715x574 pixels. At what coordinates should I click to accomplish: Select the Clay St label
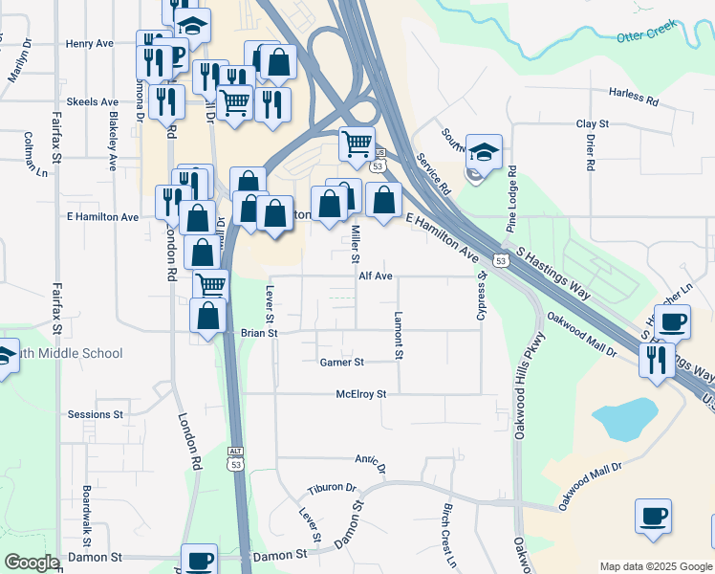592,124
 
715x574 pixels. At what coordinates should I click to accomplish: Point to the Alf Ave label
376,276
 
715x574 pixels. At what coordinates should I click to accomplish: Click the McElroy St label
360,393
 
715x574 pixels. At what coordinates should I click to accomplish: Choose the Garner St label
341,363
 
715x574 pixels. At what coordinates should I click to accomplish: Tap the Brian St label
258,333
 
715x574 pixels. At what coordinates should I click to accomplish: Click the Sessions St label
95,414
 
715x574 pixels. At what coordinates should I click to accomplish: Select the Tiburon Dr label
332,488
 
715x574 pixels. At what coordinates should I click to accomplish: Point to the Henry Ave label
90,44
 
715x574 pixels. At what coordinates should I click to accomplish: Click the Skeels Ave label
92,101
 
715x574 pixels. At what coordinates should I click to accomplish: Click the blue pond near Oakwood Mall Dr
624,417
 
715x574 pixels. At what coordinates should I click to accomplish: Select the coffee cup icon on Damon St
199,560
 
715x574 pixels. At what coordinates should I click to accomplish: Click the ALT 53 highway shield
235,458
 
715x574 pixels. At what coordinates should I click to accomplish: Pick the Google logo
32,563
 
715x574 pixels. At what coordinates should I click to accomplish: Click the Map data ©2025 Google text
655,565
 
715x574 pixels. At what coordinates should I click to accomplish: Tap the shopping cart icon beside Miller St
357,144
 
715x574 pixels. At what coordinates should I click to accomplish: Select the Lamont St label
399,336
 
